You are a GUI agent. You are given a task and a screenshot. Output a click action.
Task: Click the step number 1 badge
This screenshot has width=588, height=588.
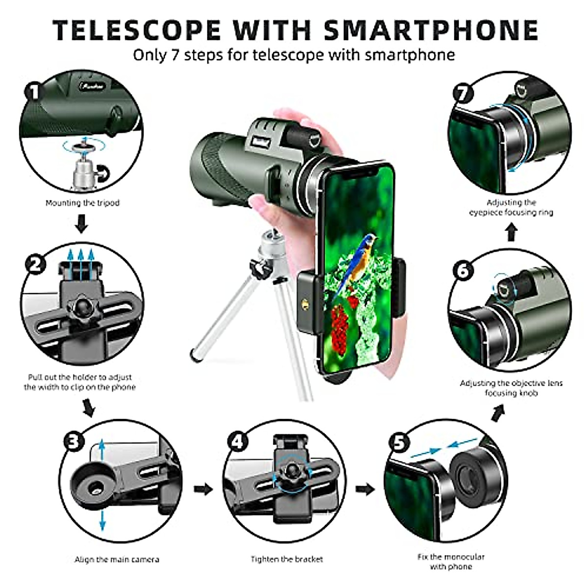[x=33, y=92]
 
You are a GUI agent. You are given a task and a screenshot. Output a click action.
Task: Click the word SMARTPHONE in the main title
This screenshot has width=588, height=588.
[x=431, y=30]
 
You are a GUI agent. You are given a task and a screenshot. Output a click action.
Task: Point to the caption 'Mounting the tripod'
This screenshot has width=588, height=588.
[x=82, y=203]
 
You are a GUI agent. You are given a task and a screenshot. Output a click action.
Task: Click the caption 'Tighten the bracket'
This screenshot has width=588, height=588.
[x=287, y=559]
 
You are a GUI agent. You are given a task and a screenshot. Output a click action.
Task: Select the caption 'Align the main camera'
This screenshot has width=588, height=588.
[x=117, y=559]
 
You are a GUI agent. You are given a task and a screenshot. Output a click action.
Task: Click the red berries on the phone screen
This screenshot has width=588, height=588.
[x=339, y=324]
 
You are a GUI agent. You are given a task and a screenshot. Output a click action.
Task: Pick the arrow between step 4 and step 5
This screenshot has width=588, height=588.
[x=365, y=489]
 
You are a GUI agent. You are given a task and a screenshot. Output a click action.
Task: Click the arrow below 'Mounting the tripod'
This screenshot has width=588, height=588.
[x=82, y=225]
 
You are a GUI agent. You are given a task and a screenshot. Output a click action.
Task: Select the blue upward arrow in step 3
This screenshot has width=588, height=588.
[x=102, y=450]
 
